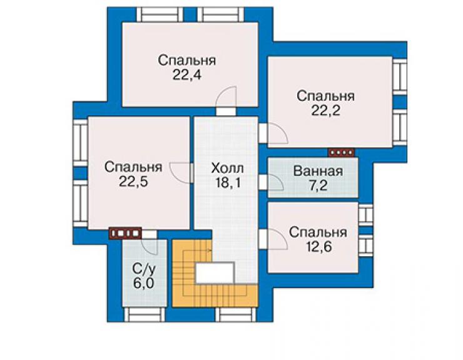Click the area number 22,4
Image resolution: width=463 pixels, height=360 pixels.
186,75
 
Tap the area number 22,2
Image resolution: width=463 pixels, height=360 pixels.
325,111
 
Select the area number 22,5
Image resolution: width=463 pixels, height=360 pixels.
133,182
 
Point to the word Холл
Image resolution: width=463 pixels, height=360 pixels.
227,168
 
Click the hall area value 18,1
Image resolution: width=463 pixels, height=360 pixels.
228,183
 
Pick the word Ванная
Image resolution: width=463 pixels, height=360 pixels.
318,172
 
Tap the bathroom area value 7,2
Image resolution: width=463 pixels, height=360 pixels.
318,185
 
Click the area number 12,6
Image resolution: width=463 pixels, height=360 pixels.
318,247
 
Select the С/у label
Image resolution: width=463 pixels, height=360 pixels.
143,269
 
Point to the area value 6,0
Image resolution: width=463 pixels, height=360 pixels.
143,283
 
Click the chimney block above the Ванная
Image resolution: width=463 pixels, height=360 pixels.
342,153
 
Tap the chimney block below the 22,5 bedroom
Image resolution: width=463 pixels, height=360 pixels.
126,233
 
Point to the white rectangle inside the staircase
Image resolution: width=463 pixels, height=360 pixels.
215,273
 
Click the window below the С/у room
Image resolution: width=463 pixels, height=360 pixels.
144,314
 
